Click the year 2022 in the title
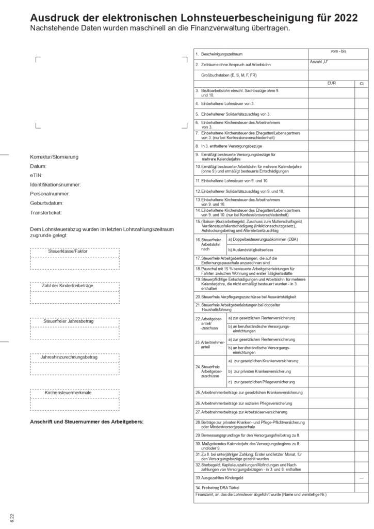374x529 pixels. click(346, 18)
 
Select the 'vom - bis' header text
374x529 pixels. click(338, 51)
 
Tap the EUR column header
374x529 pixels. click(331, 83)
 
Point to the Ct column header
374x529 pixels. click(362, 83)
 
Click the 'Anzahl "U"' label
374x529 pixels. click(319, 62)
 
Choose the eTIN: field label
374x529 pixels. click(39, 175)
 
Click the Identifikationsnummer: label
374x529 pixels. click(55, 184)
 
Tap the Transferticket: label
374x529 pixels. click(46, 212)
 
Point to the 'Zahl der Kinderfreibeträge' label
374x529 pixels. click(68, 285)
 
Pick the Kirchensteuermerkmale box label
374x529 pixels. click(68, 393)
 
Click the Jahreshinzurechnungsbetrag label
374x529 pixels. click(69, 357)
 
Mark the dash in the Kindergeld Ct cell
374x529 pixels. click(362, 478)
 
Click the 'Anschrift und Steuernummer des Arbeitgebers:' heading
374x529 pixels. click(87, 422)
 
